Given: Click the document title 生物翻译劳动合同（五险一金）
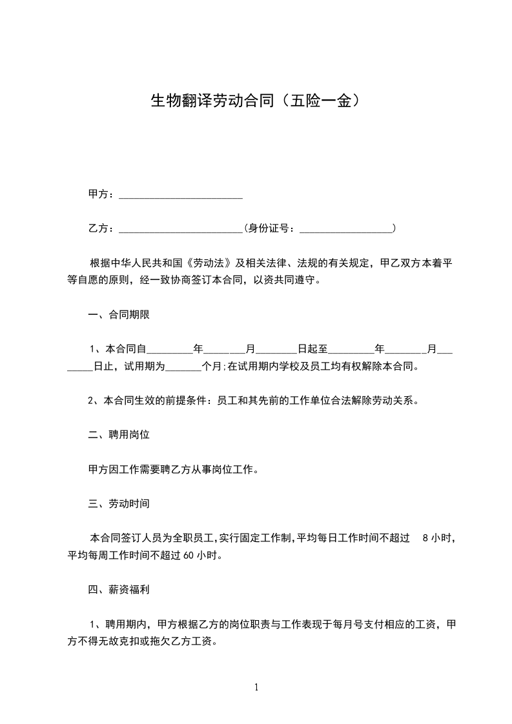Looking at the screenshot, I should (255, 101).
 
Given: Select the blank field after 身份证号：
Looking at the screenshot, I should (347, 228).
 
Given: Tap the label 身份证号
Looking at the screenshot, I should (272, 228).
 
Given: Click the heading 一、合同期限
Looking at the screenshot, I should (119, 315).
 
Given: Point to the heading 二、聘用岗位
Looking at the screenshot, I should (119, 435).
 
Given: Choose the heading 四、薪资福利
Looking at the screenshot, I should (119, 589).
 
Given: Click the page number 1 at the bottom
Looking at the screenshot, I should (256, 687).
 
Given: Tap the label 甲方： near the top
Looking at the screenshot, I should (101, 195).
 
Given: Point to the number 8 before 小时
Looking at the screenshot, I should (424, 537).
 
